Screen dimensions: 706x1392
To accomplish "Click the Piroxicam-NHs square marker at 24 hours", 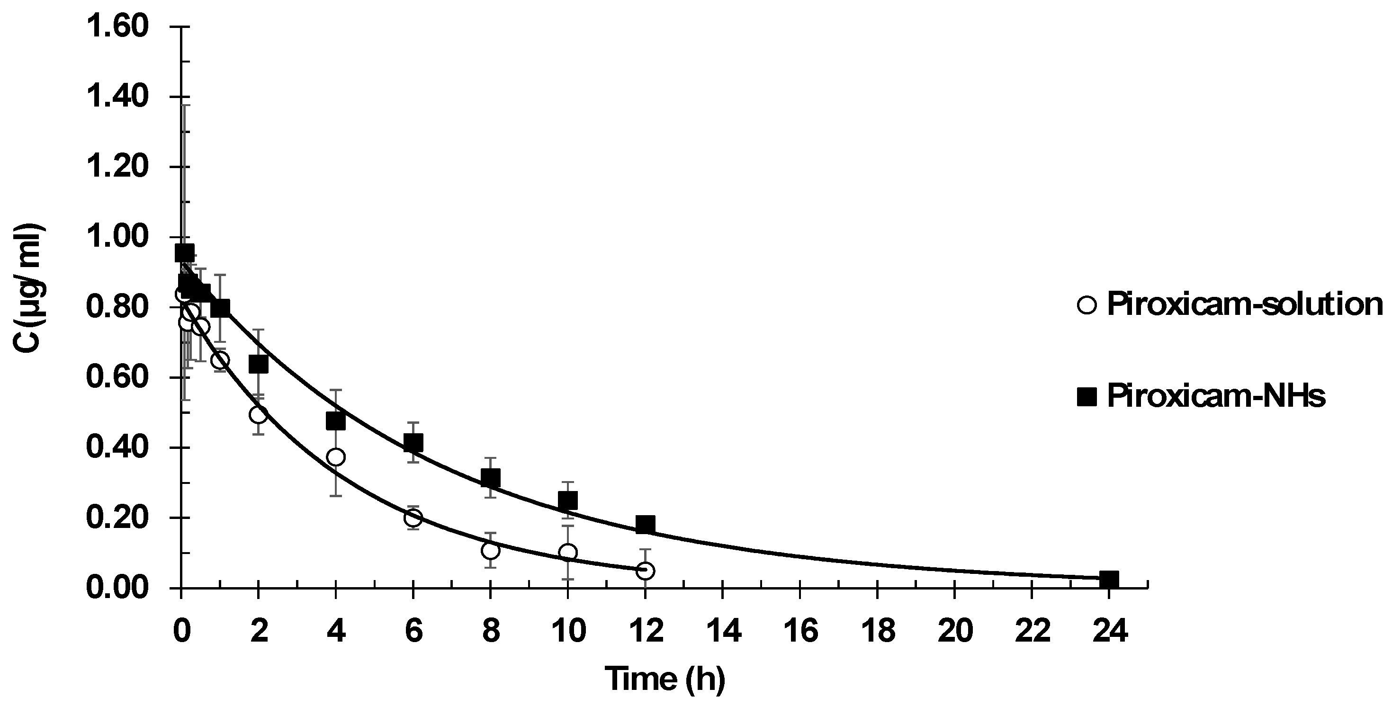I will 1109,580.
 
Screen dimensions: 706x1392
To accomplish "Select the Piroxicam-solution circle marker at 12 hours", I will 645,571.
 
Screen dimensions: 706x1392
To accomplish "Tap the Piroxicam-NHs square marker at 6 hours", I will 413,443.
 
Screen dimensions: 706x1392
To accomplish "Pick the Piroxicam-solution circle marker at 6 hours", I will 413,518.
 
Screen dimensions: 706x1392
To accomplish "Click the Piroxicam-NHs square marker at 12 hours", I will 645,524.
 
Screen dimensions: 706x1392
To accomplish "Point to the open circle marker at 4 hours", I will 336,457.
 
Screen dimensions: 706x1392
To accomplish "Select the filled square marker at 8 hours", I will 491,477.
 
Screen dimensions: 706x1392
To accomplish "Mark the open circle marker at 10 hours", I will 568,552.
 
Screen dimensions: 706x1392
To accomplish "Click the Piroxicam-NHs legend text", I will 1216,396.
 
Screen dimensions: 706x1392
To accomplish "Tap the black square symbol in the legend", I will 1087,397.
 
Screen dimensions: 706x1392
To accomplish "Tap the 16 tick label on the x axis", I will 800,631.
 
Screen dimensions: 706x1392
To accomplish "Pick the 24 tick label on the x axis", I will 1109,631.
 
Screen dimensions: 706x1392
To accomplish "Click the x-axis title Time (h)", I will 664,679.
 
